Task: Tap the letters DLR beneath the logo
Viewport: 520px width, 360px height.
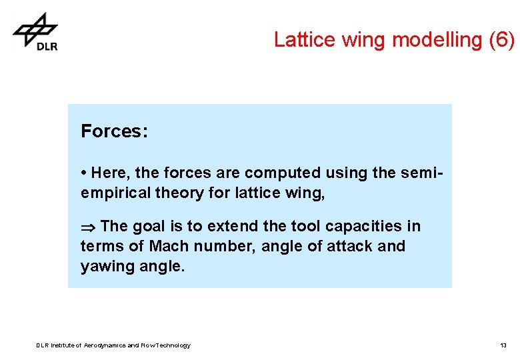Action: click(47, 46)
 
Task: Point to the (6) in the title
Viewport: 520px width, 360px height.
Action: click(501, 40)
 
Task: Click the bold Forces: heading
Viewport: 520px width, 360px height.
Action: click(114, 131)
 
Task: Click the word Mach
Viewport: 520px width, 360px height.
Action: click(169, 246)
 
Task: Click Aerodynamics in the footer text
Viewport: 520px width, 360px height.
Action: click(104, 345)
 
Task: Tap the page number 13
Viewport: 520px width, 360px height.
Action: click(503, 345)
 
